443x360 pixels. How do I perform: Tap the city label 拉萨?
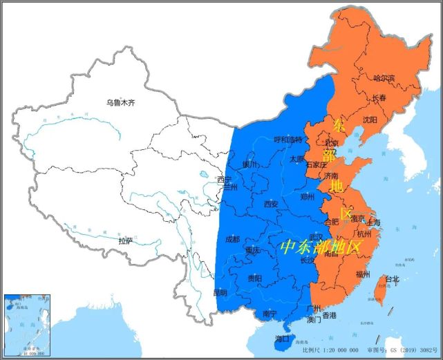click(x=125, y=241)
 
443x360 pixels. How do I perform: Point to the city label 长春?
click(x=380, y=98)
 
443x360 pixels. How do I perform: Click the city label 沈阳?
click(x=370, y=120)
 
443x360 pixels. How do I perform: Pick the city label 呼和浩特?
click(x=288, y=139)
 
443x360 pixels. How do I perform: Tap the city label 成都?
click(x=234, y=239)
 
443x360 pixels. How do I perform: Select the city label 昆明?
click(x=220, y=292)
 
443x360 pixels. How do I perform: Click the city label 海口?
click(x=282, y=339)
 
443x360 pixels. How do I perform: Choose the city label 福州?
click(x=364, y=274)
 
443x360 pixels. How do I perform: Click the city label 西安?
click(x=271, y=204)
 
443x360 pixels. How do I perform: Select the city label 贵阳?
click(x=254, y=278)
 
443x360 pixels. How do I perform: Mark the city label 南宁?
click(x=270, y=314)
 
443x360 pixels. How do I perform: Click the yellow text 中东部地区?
click(x=321, y=247)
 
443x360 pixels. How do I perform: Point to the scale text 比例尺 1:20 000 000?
click(x=326, y=350)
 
